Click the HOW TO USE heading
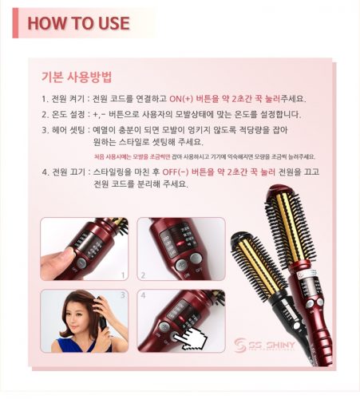tap(78, 22)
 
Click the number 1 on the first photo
tap(123, 275)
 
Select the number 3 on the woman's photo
tap(123, 295)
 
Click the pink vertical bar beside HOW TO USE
tap(15, 22)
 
